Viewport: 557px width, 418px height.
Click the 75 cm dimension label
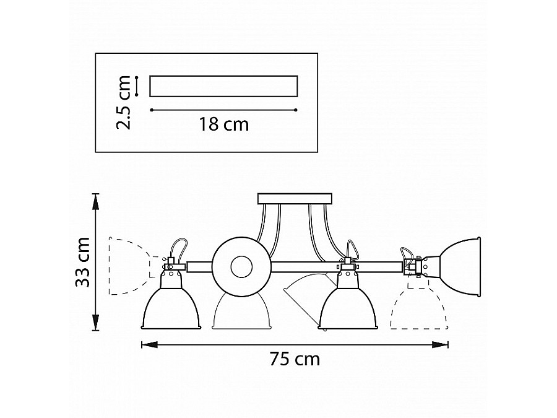pos(295,359)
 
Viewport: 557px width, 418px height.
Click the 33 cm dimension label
pos(83,261)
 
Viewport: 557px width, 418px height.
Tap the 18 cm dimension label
pos(224,124)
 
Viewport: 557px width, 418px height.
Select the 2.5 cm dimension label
pos(124,102)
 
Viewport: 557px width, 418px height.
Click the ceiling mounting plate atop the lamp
pos(295,199)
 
